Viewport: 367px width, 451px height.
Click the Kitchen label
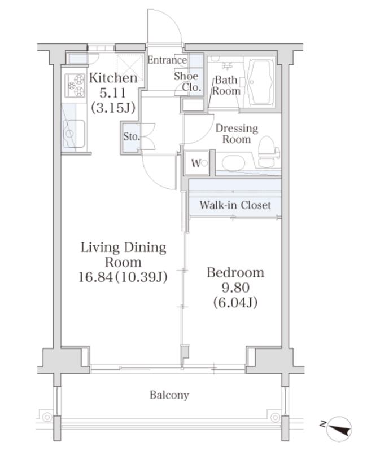point(113,78)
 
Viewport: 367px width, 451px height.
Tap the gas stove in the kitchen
point(75,86)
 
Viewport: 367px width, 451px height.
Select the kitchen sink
point(75,134)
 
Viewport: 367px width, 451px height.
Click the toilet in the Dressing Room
point(269,152)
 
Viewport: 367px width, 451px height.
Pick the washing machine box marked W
point(196,163)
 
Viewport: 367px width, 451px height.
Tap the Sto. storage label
point(131,136)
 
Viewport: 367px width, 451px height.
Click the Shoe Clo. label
point(187,81)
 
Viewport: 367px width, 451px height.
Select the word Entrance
point(167,60)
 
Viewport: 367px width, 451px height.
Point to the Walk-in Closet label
point(235,205)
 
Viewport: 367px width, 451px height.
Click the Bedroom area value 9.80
point(235,287)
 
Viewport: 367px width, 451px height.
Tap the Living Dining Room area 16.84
point(95,277)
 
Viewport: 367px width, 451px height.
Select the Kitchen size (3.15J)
point(113,108)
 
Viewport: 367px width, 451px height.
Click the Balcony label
point(169,395)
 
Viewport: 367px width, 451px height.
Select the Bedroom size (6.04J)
point(235,302)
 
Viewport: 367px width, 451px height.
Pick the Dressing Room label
point(237,134)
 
